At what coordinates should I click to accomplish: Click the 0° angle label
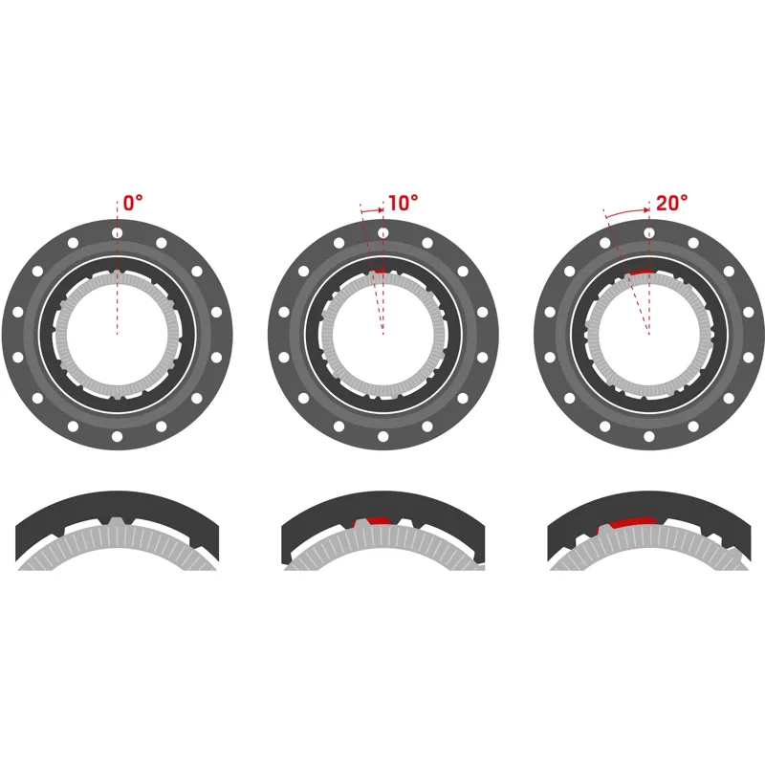pos(133,204)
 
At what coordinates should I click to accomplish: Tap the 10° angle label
pos(403,204)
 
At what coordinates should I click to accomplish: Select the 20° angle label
pos(672,204)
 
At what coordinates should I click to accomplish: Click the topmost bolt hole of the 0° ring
pos(117,232)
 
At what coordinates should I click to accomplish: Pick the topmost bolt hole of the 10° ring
pos(382,232)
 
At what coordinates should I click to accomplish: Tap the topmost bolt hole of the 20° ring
pos(649,232)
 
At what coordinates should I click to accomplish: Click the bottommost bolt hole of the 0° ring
pos(117,436)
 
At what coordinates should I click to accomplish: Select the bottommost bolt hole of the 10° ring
pos(382,436)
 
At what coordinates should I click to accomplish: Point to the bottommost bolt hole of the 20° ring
pos(649,436)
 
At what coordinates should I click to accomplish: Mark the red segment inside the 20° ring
pos(640,273)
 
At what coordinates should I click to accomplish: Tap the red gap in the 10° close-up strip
pos(373,521)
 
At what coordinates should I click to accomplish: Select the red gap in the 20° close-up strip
pos(627,522)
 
